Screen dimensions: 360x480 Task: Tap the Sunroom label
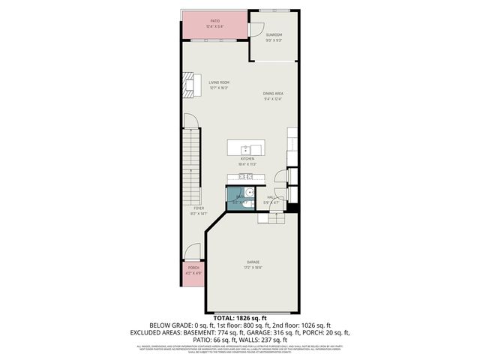[x=274, y=34]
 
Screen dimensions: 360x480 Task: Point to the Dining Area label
[x=272, y=94]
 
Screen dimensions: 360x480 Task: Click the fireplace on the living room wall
[x=187, y=85]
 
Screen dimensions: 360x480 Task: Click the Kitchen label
[x=247, y=159]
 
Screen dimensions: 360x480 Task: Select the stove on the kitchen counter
[x=246, y=177]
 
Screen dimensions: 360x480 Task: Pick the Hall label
[x=270, y=197]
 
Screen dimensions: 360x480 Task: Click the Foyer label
[x=199, y=208]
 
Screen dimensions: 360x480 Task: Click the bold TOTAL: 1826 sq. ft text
[x=240, y=319]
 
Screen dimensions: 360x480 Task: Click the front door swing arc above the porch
[x=193, y=253]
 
